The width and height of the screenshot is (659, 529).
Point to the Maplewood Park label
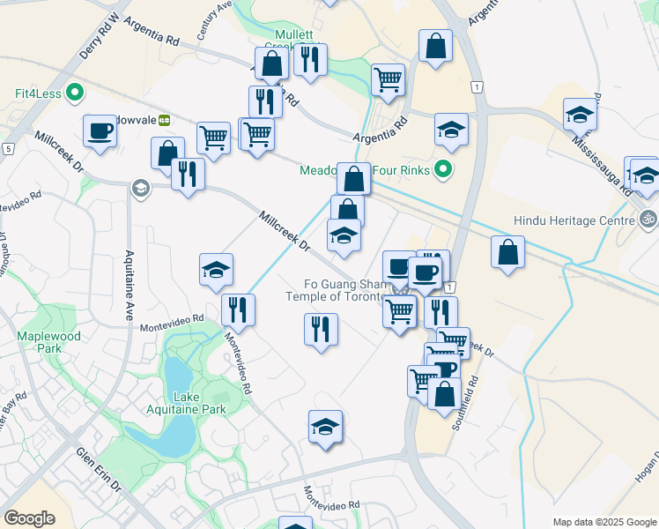pos(49,342)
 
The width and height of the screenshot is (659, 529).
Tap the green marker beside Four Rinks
pos(445,170)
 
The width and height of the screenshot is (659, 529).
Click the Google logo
pos(30,518)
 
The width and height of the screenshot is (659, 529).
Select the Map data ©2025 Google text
pos(603,522)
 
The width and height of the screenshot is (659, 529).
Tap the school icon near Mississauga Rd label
pos(581,115)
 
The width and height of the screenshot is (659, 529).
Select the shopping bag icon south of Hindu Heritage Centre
pos(507,252)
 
